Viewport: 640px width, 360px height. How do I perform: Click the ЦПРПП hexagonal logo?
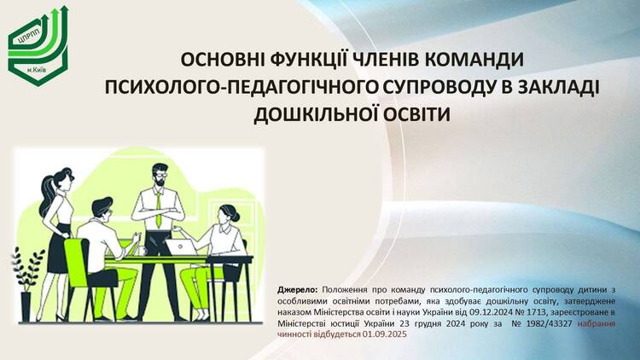tap(38, 46)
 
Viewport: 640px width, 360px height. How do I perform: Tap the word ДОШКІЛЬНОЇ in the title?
tap(313, 114)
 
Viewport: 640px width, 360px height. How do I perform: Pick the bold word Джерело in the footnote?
tap(298, 290)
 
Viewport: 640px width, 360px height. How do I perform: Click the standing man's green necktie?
tap(158, 209)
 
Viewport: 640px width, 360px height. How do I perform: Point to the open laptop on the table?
tap(181, 247)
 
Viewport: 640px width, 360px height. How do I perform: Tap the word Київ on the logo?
tap(40, 71)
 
